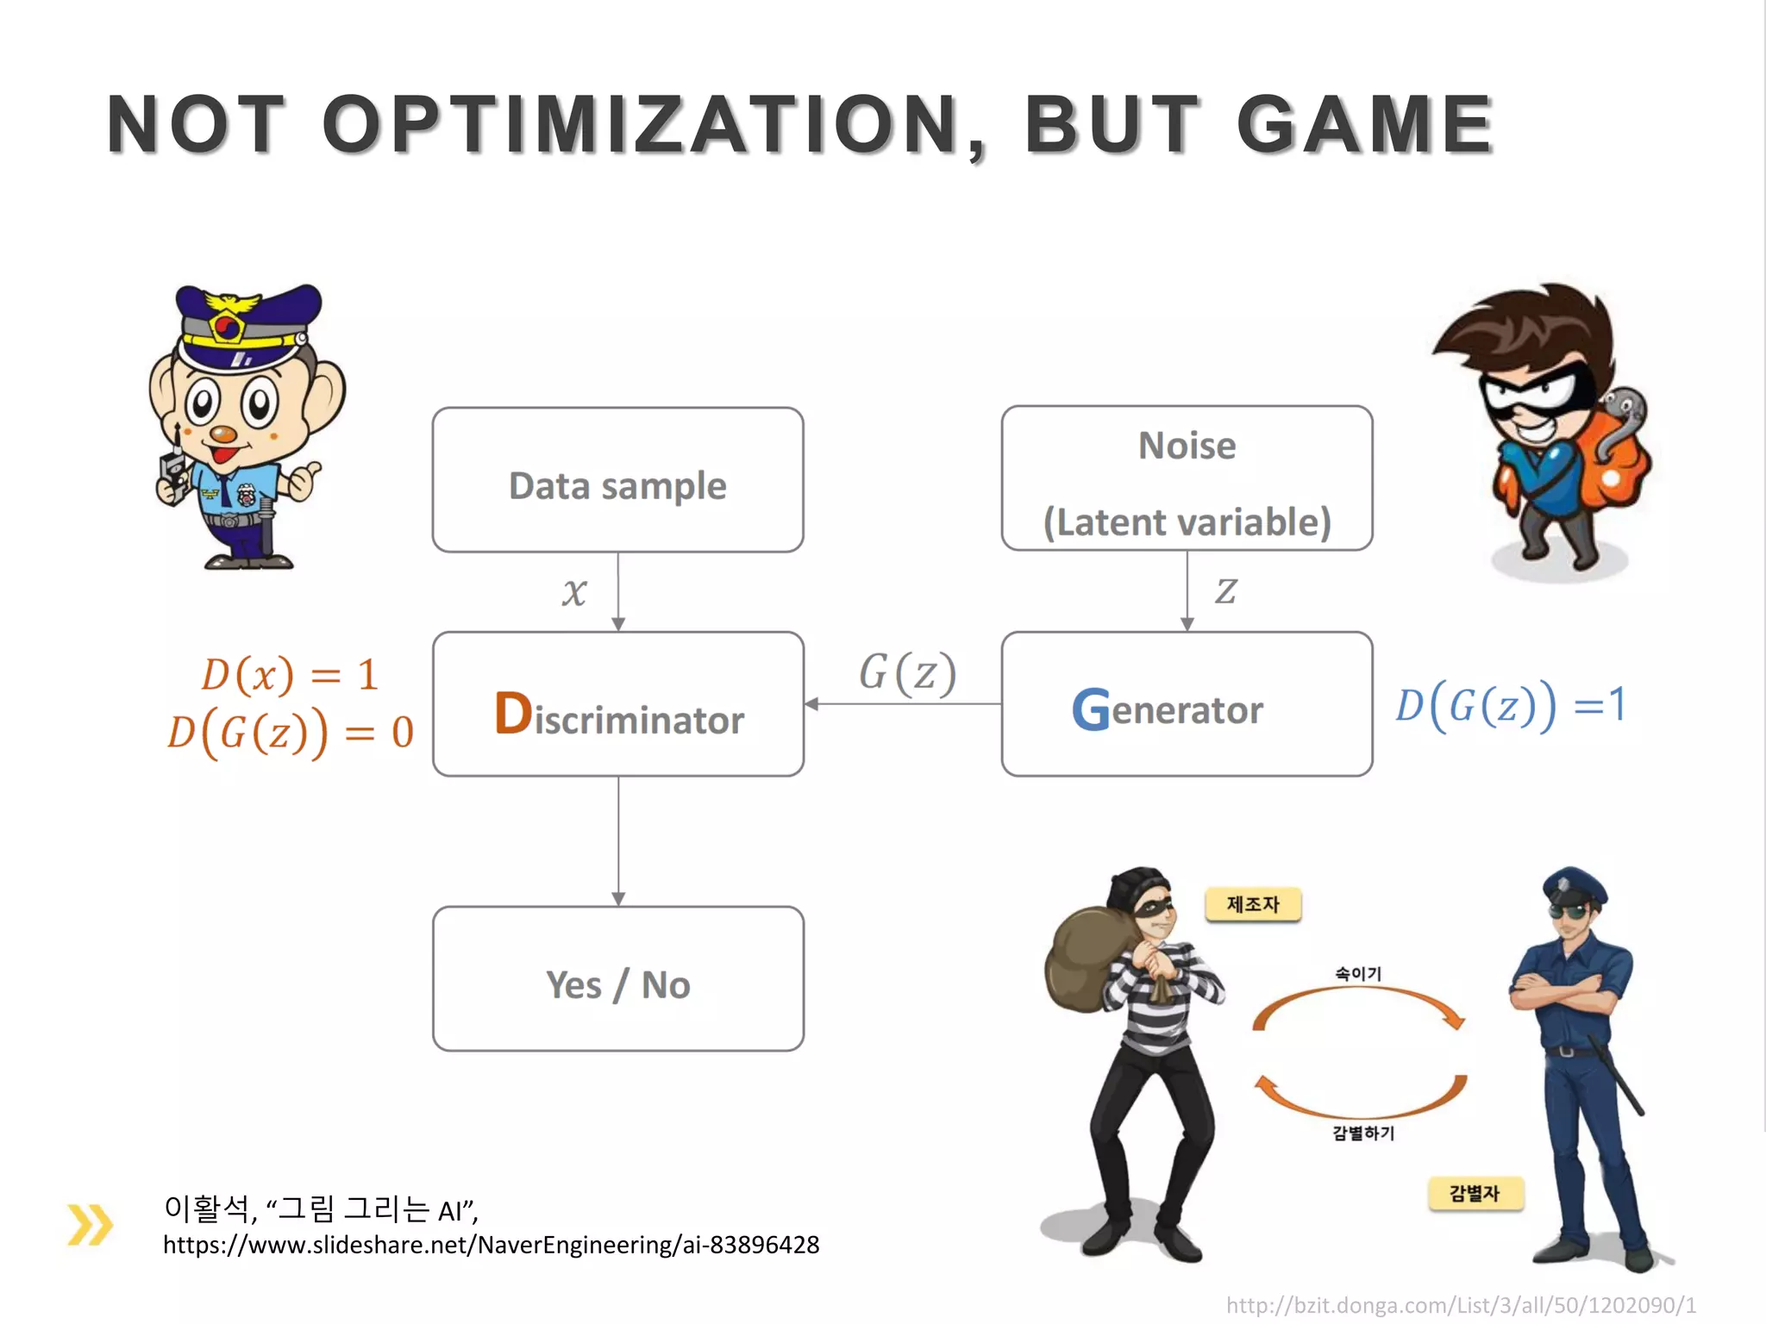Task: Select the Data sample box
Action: (617, 480)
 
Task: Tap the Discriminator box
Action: (617, 704)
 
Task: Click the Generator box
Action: (1187, 704)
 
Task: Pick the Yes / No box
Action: (617, 978)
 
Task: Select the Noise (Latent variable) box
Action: (1187, 479)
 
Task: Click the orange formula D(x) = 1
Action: (290, 674)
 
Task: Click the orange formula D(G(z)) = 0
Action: (290, 733)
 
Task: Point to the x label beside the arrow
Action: (574, 592)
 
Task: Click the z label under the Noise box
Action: (1225, 591)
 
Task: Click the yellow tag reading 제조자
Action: (1252, 904)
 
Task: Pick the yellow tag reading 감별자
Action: (1475, 1193)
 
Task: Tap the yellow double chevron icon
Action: (90, 1224)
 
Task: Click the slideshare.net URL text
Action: (491, 1245)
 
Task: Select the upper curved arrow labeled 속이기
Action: (1359, 1000)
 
